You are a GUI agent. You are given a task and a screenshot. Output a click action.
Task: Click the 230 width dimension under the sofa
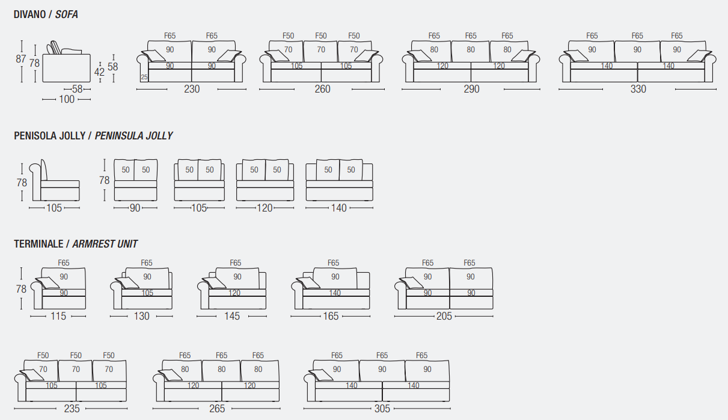(x=192, y=89)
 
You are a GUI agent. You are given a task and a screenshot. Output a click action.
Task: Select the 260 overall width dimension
(x=322, y=89)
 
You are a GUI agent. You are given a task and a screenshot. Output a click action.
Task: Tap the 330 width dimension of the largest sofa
(x=638, y=89)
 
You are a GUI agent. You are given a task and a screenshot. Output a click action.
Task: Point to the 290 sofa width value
(x=471, y=89)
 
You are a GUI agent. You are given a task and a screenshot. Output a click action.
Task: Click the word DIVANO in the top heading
(x=29, y=14)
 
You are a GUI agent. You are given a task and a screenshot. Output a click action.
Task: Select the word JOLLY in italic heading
(x=159, y=135)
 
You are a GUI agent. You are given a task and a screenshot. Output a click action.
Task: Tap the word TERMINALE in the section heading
(x=38, y=243)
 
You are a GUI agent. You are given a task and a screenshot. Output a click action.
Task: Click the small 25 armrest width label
(x=144, y=78)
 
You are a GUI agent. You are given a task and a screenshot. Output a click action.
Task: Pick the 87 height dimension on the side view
(x=21, y=59)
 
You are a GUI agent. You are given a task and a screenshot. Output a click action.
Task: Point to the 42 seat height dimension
(x=99, y=72)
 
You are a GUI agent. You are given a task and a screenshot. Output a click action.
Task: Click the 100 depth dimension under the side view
(x=67, y=99)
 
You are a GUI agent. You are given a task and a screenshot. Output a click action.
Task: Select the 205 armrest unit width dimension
(x=444, y=316)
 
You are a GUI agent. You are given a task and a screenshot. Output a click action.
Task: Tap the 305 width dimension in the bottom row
(x=382, y=409)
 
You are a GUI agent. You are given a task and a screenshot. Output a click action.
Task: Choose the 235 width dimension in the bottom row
(x=72, y=409)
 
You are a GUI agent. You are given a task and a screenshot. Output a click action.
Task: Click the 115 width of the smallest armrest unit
(x=58, y=316)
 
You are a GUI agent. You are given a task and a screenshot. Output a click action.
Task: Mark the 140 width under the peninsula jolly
(x=338, y=208)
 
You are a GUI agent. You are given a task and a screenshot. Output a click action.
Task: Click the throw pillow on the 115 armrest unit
(x=47, y=283)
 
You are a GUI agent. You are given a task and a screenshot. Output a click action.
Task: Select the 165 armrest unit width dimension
(x=331, y=316)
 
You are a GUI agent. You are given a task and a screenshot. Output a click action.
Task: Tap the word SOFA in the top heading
(x=66, y=14)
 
